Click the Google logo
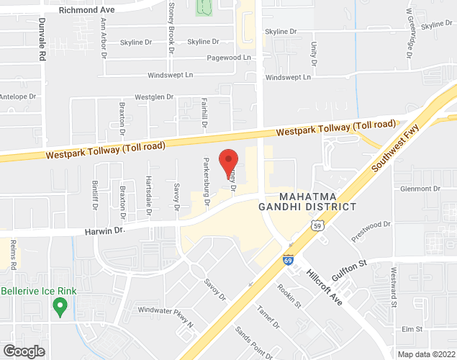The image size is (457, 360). (x=23, y=351)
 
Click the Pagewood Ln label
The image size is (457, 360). (x=228, y=58)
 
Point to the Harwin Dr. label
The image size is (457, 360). (x=104, y=230)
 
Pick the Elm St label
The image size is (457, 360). (x=412, y=328)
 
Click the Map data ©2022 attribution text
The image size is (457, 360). (x=427, y=354)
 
